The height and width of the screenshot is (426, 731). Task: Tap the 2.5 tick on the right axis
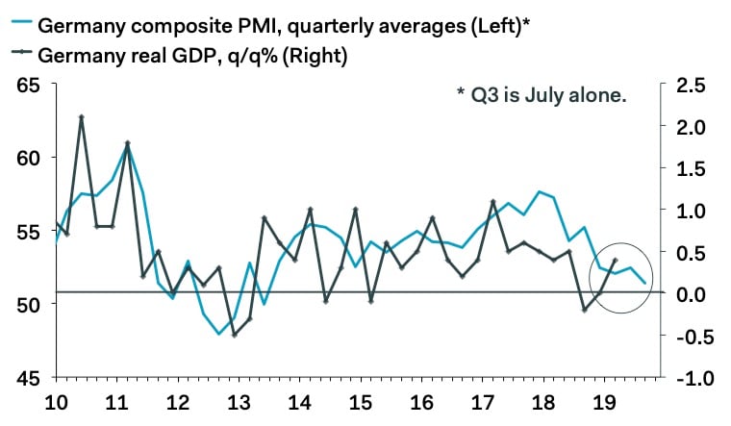pos(690,85)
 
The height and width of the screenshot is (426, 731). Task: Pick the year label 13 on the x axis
pos(235,403)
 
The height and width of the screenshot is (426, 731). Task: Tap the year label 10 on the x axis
pos(56,403)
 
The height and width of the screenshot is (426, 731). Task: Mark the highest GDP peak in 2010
pos(82,117)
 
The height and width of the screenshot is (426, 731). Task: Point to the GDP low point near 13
pos(235,335)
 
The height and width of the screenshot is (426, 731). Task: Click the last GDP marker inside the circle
pos(615,261)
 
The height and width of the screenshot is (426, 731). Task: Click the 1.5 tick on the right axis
pos(690,168)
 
